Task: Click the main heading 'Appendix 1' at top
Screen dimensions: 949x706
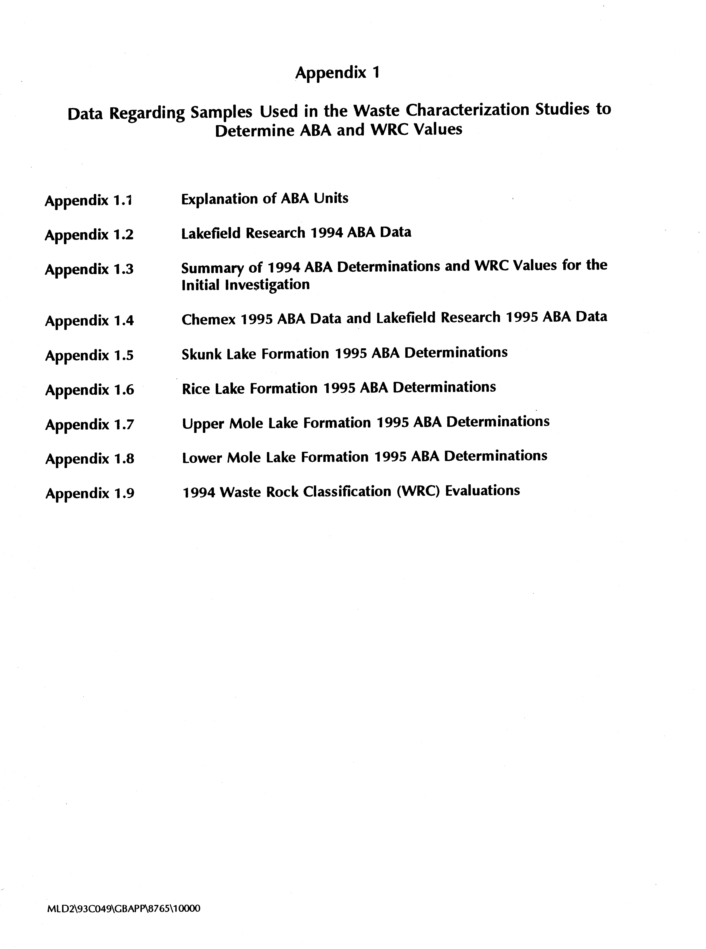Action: pyautogui.click(x=337, y=73)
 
